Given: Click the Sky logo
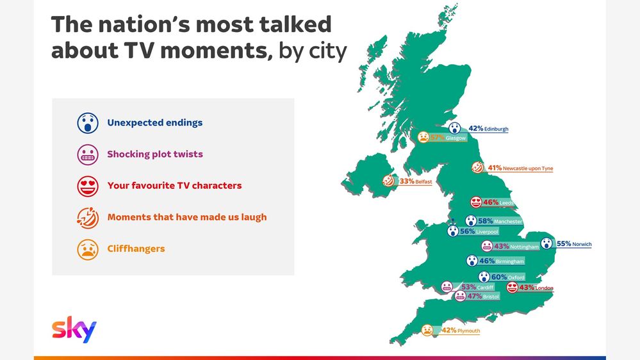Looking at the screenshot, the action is (74, 329).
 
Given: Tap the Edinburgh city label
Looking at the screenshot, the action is (496, 129).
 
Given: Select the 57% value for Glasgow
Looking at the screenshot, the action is (437, 138).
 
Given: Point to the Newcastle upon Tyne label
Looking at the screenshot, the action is (528, 168).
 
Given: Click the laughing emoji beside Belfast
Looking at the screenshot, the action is (389, 181).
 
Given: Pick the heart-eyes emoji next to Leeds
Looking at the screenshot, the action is (476, 202).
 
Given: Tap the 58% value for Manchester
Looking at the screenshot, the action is (486, 221).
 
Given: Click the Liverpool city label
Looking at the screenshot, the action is (487, 232).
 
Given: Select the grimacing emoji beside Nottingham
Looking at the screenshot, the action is (487, 246).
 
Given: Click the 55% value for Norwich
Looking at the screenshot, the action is (564, 243).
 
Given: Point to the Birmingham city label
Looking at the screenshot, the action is (510, 261).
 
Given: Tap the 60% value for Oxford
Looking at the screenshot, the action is (499, 277).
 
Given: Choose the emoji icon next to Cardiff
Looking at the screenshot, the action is (447, 286).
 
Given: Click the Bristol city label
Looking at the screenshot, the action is (491, 297).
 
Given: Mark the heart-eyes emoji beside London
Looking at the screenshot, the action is (513, 288).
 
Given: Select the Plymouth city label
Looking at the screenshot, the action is (468, 331).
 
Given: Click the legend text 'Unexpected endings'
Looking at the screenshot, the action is (154, 123).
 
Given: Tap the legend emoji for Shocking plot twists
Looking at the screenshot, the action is (88, 154).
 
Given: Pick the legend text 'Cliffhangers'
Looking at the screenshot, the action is (136, 249).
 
